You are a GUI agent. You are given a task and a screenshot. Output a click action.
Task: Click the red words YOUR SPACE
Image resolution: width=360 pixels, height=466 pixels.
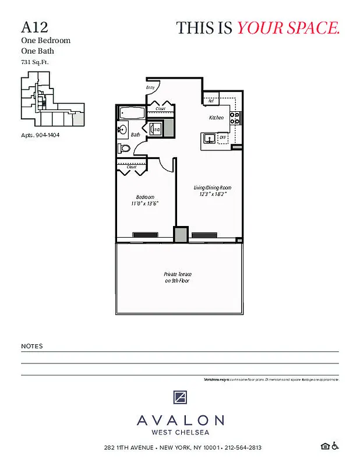288,27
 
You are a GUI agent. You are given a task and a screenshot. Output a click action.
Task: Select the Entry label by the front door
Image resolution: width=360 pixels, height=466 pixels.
150,87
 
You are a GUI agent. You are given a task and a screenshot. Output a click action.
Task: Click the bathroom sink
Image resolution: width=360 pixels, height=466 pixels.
123,129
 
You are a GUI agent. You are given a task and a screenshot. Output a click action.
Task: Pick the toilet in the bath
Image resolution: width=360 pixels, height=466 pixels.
123,148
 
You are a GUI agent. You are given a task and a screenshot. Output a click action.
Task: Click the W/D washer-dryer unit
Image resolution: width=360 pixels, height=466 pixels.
157,129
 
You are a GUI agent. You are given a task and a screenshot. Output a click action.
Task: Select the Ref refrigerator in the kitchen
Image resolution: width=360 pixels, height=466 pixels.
211,100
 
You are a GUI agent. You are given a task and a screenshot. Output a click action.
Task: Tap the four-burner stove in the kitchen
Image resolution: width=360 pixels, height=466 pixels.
235,118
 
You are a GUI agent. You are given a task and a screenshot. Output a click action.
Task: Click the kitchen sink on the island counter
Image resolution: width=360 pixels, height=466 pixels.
209,139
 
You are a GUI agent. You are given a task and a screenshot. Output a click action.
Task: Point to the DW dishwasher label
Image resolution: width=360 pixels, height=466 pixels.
223,137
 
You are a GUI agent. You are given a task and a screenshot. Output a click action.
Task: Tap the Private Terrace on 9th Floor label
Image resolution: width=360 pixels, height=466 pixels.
177,277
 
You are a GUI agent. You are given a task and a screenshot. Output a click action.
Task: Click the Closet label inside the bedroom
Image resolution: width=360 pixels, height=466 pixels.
131,167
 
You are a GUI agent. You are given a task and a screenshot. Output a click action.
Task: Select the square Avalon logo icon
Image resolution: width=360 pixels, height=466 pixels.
180,398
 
